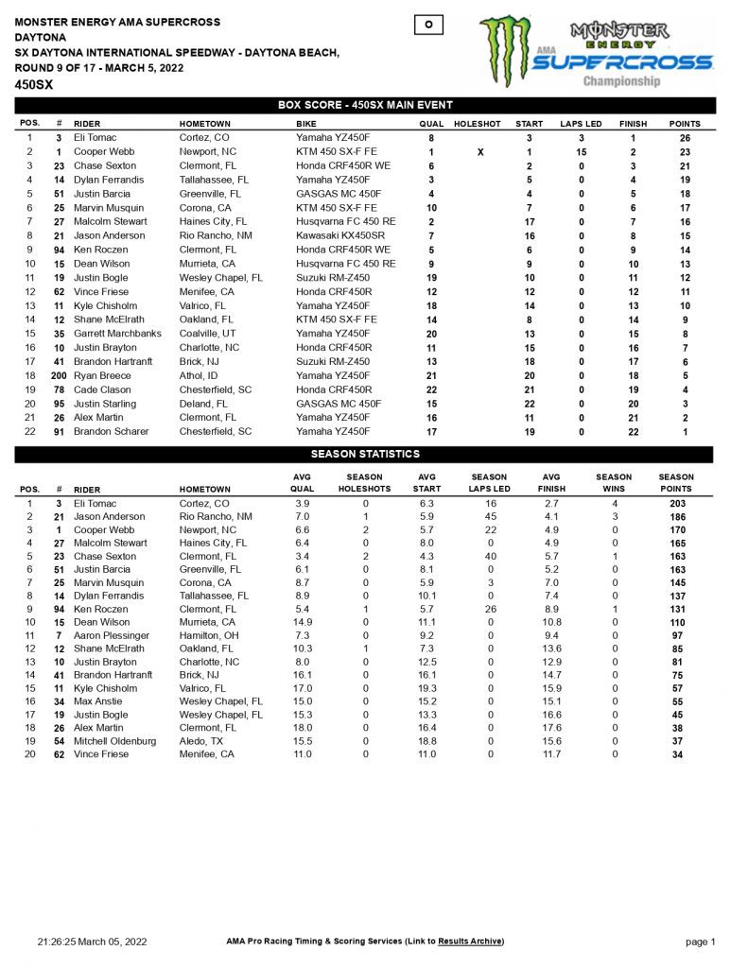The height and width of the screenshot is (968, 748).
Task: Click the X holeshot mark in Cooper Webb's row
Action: (x=480, y=151)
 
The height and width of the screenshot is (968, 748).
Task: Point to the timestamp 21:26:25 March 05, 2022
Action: (x=93, y=942)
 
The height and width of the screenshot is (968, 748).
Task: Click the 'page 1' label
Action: (x=701, y=942)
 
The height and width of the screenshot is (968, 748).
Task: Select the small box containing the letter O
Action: (x=429, y=25)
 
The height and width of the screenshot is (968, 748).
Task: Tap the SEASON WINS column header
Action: (x=614, y=483)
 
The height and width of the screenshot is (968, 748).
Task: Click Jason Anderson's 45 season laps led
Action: (x=489, y=517)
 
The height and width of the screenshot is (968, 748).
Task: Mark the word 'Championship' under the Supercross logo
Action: (x=621, y=81)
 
